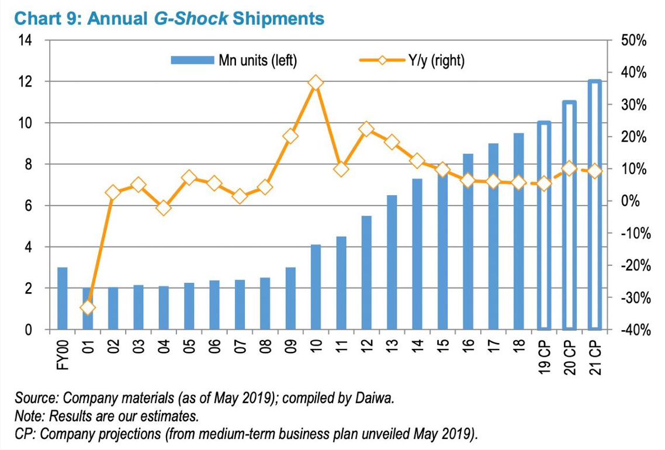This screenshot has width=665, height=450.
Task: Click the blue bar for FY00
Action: (x=63, y=299)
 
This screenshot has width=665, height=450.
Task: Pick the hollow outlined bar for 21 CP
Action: (x=595, y=205)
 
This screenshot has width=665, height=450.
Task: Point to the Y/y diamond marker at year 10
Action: (x=316, y=83)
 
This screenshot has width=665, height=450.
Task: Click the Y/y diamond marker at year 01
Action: (x=88, y=307)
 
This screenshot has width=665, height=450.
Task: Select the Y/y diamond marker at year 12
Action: (x=366, y=130)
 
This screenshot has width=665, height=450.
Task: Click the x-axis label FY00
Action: (x=63, y=354)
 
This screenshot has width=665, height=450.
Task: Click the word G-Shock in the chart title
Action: (x=191, y=18)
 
